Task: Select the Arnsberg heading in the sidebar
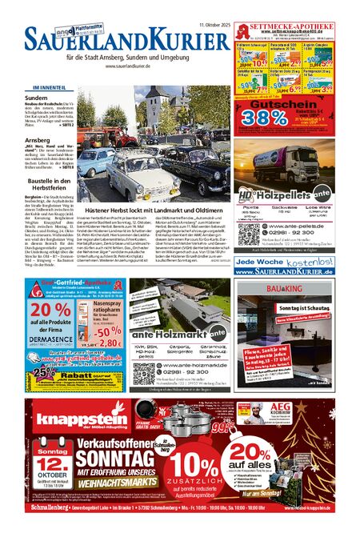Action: (x=38, y=139)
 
